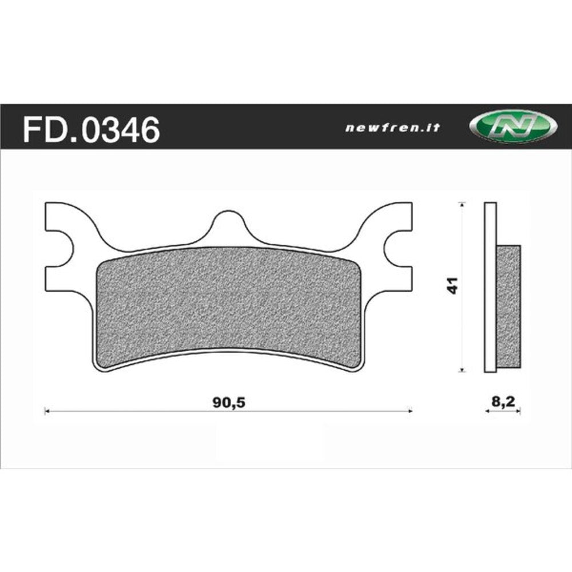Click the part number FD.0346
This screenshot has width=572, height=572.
click(x=90, y=130)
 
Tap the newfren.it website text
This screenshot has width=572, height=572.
click(x=392, y=128)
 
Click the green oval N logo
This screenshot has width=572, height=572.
click(x=513, y=127)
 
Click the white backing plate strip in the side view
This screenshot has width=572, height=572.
click(x=490, y=286)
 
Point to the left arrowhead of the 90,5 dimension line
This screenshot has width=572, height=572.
click(x=47, y=411)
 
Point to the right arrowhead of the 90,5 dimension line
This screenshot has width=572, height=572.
click(x=410, y=411)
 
